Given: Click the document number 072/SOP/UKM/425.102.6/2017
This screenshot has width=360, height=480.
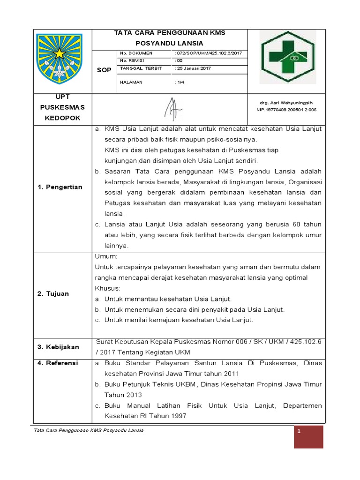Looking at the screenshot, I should tap(208, 53).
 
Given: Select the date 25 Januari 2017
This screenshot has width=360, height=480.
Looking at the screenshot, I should tap(194, 68).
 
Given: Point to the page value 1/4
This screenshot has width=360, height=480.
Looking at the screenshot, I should tap(180, 82).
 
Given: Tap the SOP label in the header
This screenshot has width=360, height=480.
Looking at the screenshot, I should tap(104, 70).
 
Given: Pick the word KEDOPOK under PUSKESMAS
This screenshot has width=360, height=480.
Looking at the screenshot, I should tap(62, 118).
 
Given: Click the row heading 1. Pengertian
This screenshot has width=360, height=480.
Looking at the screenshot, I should tap(60, 187).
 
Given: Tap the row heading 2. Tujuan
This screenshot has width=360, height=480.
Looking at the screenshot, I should tap(53, 293).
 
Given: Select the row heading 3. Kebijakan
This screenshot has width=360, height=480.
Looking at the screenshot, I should tap(59, 347).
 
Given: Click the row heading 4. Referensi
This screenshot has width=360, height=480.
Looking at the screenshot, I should tap(58, 363).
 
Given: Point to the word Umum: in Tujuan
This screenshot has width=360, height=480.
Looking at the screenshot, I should tap(106, 257).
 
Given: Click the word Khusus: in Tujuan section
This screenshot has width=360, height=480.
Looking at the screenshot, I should tap(108, 288).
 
